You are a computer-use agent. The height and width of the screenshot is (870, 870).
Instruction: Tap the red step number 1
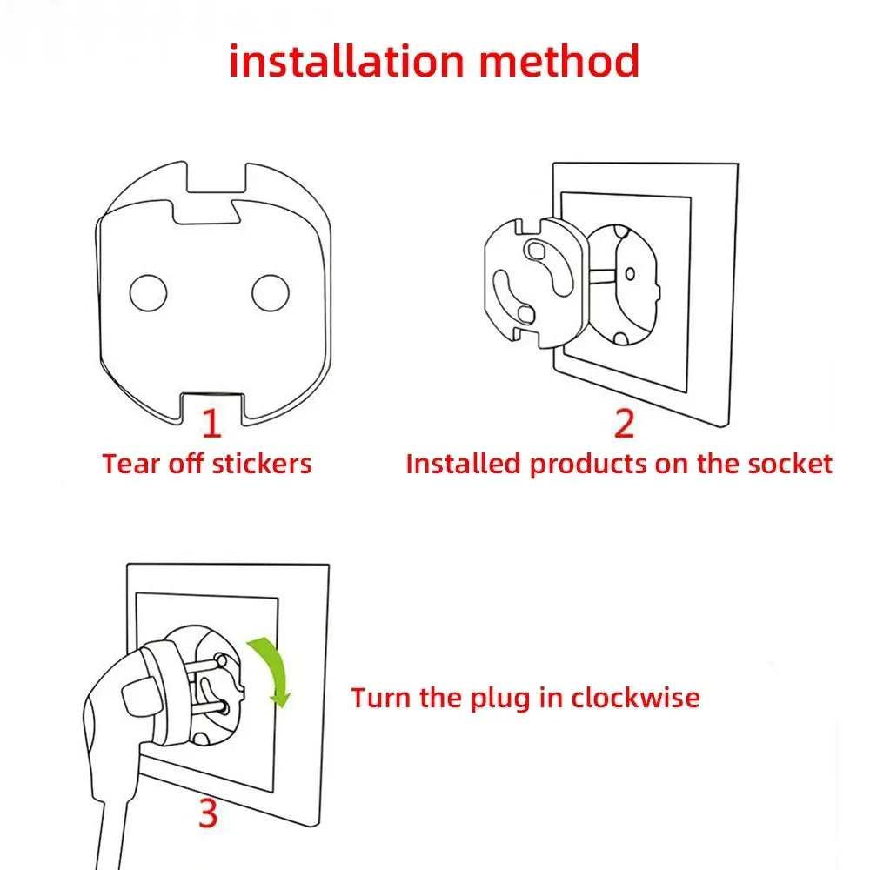pyautogui.click(x=211, y=423)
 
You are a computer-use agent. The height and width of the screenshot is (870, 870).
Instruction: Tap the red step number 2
pyautogui.click(x=624, y=423)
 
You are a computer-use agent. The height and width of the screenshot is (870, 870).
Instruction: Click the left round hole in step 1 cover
pyautogui.click(x=148, y=293)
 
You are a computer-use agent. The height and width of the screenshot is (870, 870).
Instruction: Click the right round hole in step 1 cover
pyautogui.click(x=271, y=293)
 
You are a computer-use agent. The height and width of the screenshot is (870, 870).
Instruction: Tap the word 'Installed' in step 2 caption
pyautogui.click(x=464, y=463)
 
